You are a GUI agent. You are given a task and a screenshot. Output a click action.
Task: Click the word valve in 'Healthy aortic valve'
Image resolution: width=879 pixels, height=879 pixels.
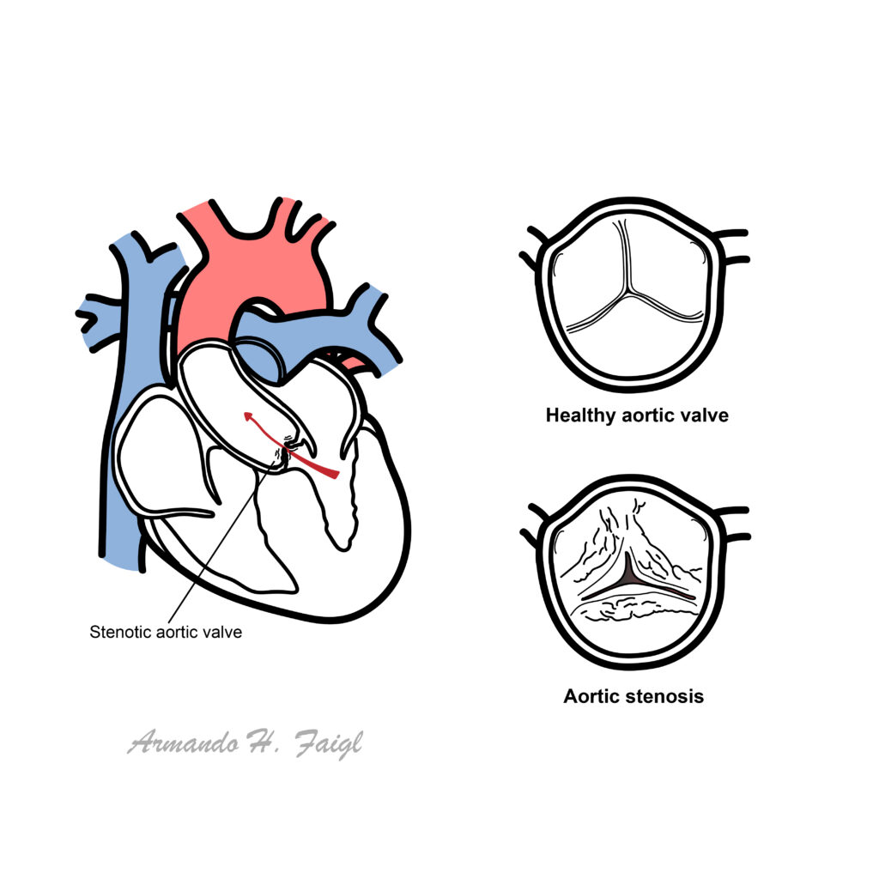[706, 416]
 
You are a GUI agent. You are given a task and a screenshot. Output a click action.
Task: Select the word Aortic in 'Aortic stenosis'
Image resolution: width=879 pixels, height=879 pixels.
[591, 696]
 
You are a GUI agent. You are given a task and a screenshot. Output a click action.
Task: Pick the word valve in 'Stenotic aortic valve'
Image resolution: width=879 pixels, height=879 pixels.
[222, 633]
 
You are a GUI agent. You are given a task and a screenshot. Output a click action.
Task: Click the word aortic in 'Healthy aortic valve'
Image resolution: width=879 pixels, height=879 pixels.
[646, 416]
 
